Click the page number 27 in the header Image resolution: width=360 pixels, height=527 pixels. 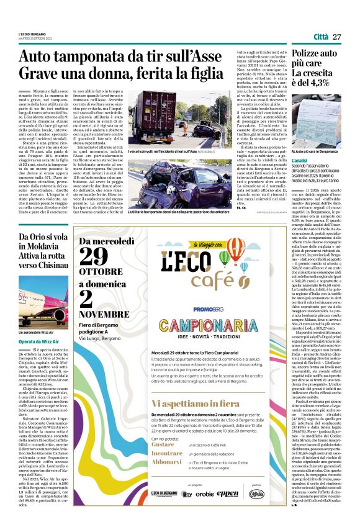tap(337, 37)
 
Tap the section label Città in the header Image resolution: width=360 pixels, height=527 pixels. tap(321, 37)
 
